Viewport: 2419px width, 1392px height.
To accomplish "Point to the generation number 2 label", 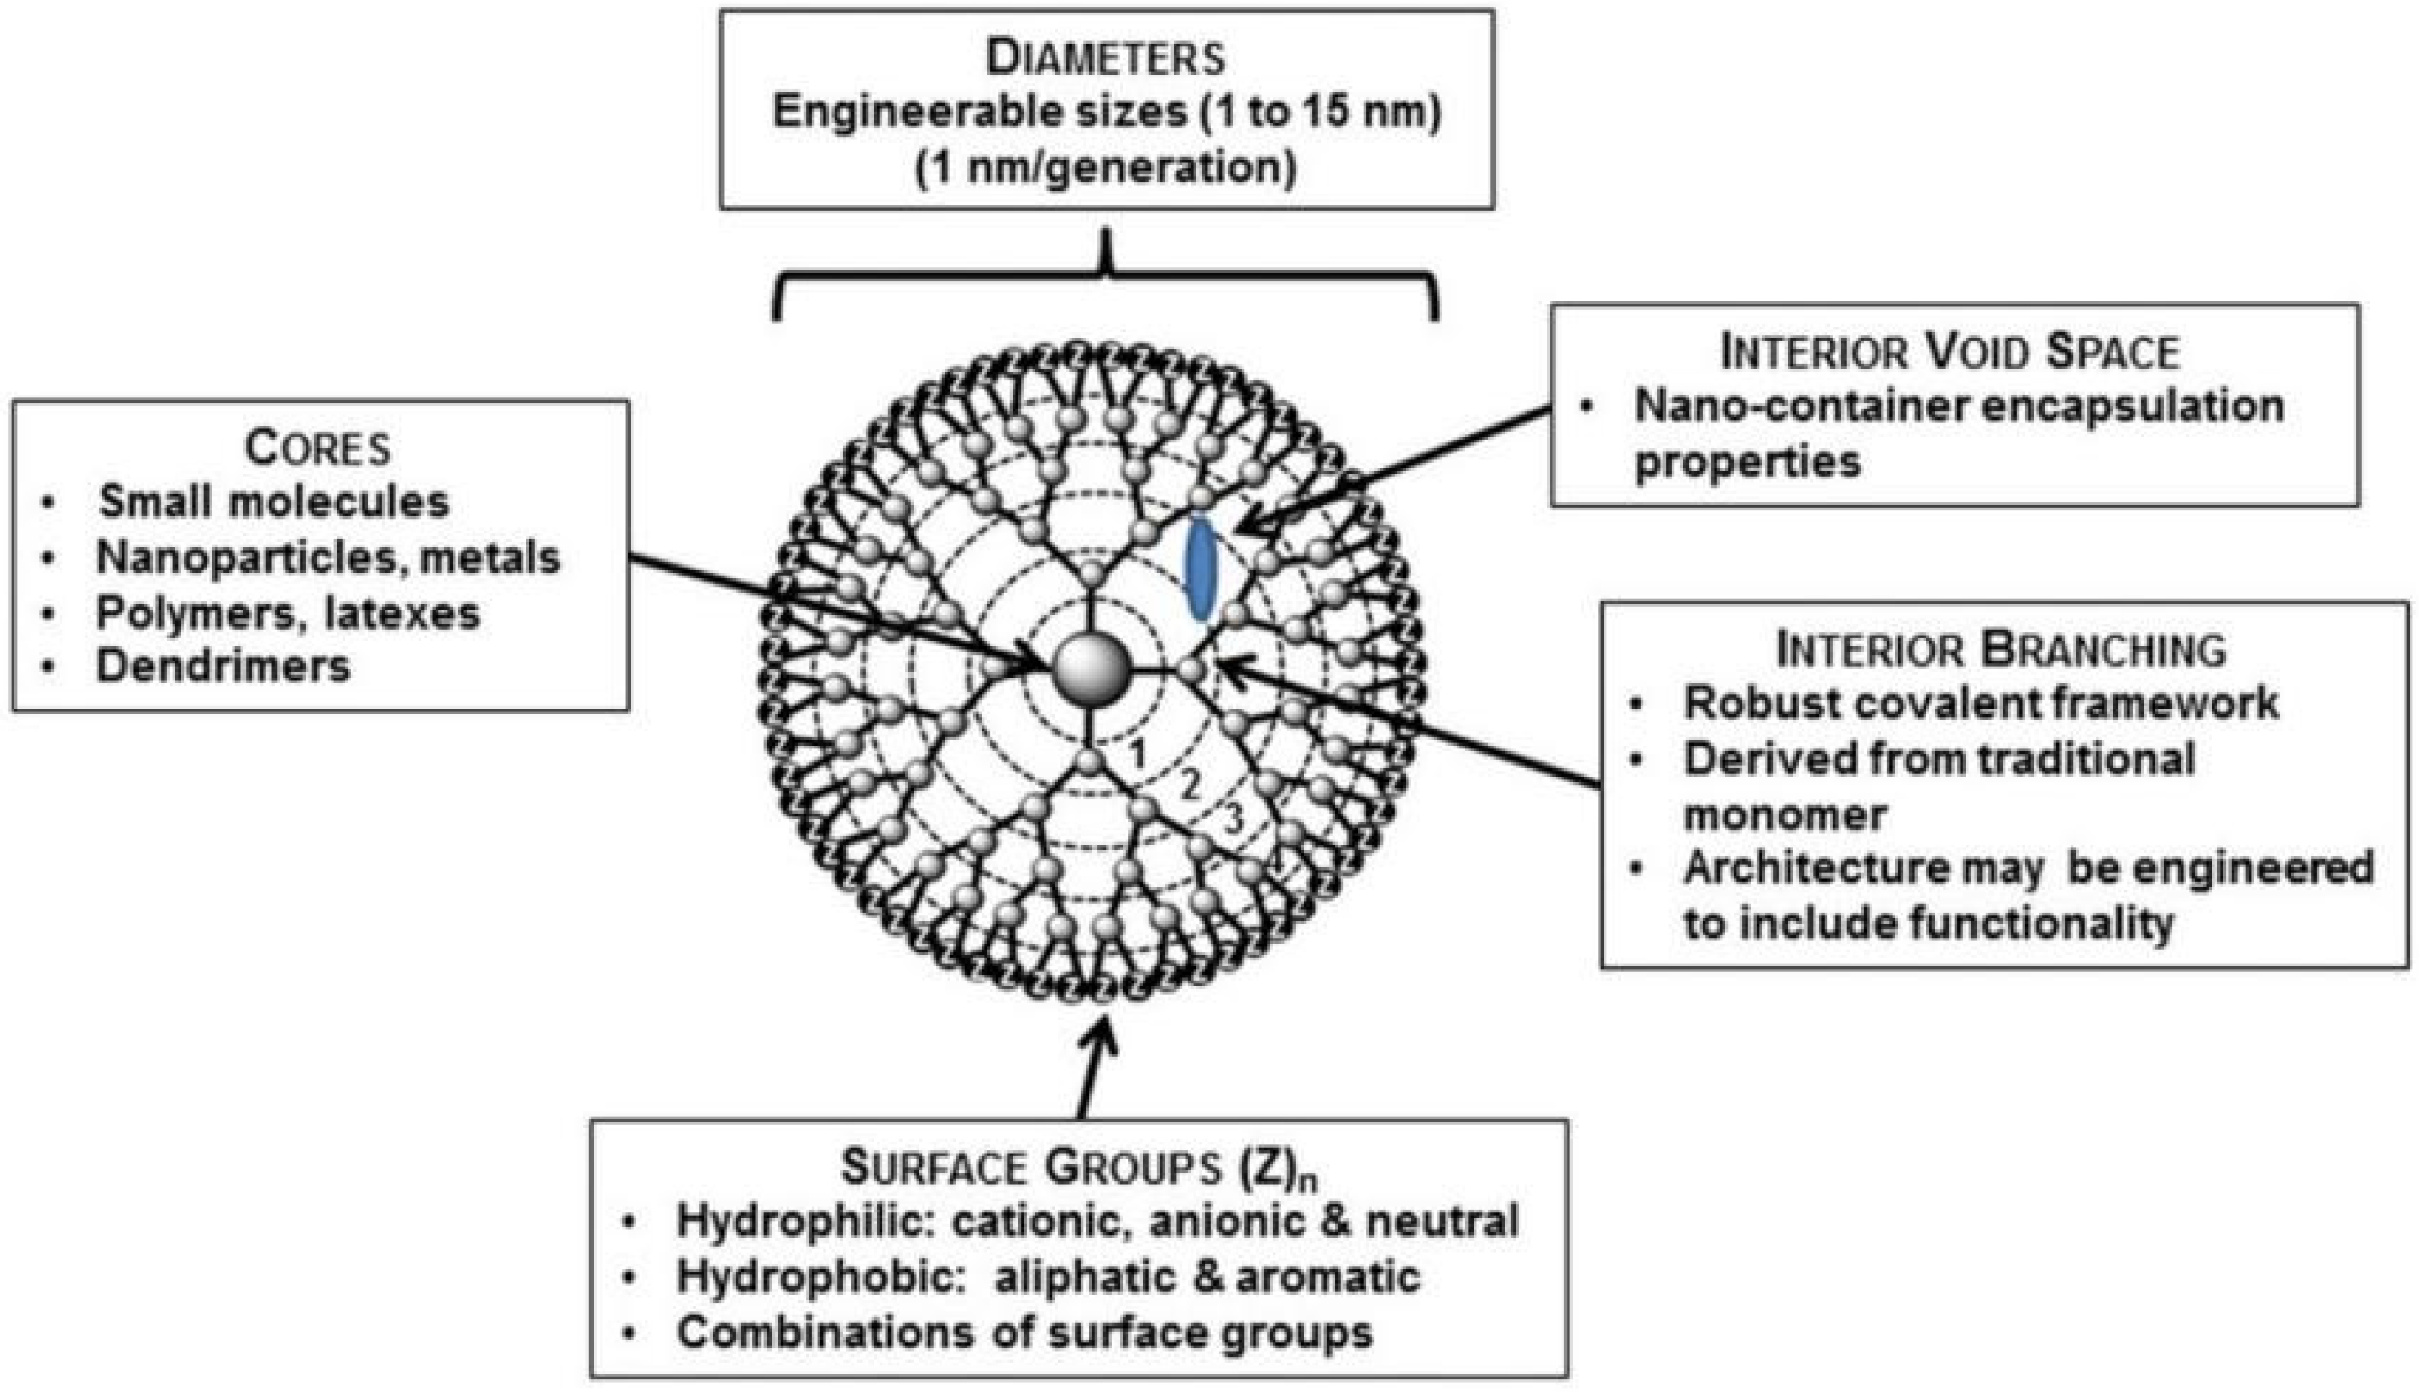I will pos(1188,786).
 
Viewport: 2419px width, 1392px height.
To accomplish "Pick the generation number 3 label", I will pos(1234,819).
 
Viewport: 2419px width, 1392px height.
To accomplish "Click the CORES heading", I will pos(318,447).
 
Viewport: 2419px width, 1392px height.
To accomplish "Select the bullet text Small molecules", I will pos(275,502).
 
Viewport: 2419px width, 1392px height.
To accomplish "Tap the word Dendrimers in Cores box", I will pos(223,667).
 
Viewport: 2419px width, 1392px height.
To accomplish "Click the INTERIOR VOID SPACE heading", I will pos(1950,352).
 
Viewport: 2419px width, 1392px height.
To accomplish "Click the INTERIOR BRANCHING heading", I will pos(2001,649).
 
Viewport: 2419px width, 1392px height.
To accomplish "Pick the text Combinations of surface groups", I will pos(1025,1332).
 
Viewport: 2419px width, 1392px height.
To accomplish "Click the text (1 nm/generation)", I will pos(1107,168).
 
